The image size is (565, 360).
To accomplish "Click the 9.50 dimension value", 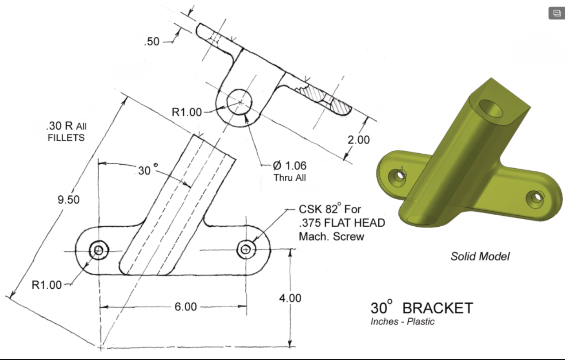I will coord(68,200).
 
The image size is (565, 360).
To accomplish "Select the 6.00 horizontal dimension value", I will coord(185,307).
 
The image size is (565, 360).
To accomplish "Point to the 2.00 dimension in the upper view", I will coord(358,140).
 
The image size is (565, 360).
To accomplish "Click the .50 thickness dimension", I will coord(151,43).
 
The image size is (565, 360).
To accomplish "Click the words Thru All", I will coord(290,178).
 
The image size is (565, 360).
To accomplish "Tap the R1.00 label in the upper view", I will coord(186,112).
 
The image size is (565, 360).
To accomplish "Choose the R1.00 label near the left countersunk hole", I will coord(46,285).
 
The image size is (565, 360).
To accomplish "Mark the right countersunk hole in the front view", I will coord(246,250).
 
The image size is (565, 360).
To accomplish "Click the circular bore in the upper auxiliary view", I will coord(240,101).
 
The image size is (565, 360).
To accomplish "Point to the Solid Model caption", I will coord(480,256).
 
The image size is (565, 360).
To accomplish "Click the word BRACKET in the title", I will coord(437,308).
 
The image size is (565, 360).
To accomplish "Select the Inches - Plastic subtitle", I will coord(402,321).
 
